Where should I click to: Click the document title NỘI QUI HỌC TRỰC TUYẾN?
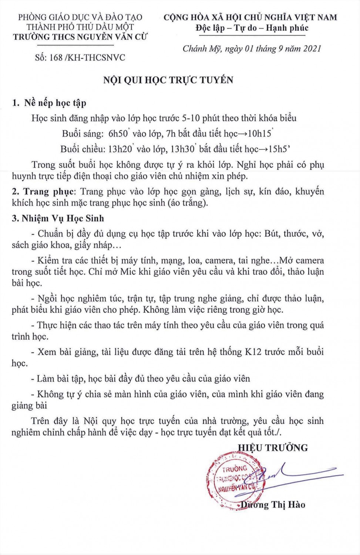pyautogui.click(x=168, y=80)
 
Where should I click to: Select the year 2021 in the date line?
pyautogui.click(x=312, y=48)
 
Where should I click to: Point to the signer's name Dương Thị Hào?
pyautogui.click(x=273, y=505)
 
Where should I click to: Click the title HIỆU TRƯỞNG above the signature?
pyautogui.click(x=273, y=448)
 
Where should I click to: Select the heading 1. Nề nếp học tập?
pyautogui.click(x=49, y=103)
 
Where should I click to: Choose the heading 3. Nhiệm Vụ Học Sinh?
pyautogui.click(x=58, y=218)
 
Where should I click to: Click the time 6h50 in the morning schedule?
pyautogui.click(x=118, y=134)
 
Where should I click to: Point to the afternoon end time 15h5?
pyautogui.click(x=278, y=149)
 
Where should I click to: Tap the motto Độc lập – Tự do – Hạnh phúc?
pyautogui.click(x=252, y=28)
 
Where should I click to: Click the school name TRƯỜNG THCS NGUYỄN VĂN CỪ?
pyautogui.click(x=80, y=37)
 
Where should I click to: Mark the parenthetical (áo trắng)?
pyautogui.click(x=187, y=203)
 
